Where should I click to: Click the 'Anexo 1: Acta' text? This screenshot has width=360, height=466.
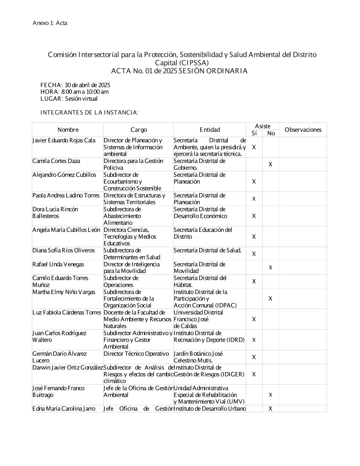point(50,23)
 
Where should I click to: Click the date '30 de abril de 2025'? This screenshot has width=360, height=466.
point(87,85)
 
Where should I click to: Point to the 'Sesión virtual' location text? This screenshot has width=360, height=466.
point(81,99)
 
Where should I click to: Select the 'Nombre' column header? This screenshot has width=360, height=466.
point(68,130)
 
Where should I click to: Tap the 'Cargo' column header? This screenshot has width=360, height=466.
point(139,130)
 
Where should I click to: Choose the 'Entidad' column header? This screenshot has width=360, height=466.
point(210,130)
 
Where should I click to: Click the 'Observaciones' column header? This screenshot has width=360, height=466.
point(303,130)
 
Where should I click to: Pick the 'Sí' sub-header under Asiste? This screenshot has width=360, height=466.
point(254,133)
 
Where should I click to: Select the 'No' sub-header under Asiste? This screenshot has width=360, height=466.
point(271,133)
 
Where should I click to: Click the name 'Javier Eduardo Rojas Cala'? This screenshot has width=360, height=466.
point(64,140)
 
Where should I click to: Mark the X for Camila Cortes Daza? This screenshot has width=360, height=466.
point(270,165)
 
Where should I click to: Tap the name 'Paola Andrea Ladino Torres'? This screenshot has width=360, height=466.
point(66,196)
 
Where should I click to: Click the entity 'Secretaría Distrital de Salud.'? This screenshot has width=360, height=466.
point(207,250)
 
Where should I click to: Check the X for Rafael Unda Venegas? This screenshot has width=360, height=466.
point(270,268)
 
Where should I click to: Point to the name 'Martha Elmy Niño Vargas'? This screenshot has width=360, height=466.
point(64,292)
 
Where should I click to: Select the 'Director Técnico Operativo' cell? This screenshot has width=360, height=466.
point(136,354)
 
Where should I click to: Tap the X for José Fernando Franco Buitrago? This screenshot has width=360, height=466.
point(270,395)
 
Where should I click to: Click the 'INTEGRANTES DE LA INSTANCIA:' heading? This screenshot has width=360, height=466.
point(89,112)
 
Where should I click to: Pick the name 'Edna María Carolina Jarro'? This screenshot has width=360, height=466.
point(64,409)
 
